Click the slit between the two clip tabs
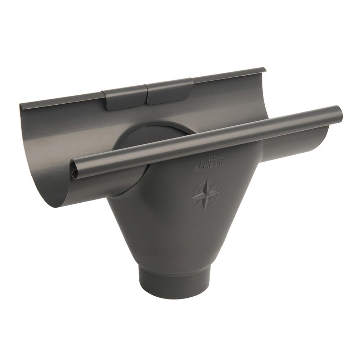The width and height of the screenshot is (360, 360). [x=145, y=94]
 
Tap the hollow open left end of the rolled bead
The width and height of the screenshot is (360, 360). [x=75, y=174]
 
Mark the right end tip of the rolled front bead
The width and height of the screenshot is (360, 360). [x=340, y=114]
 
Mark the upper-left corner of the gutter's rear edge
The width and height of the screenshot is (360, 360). [x=21, y=103]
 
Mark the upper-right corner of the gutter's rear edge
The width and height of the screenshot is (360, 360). [x=265, y=68]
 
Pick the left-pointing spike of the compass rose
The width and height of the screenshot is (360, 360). [x=191, y=198]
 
